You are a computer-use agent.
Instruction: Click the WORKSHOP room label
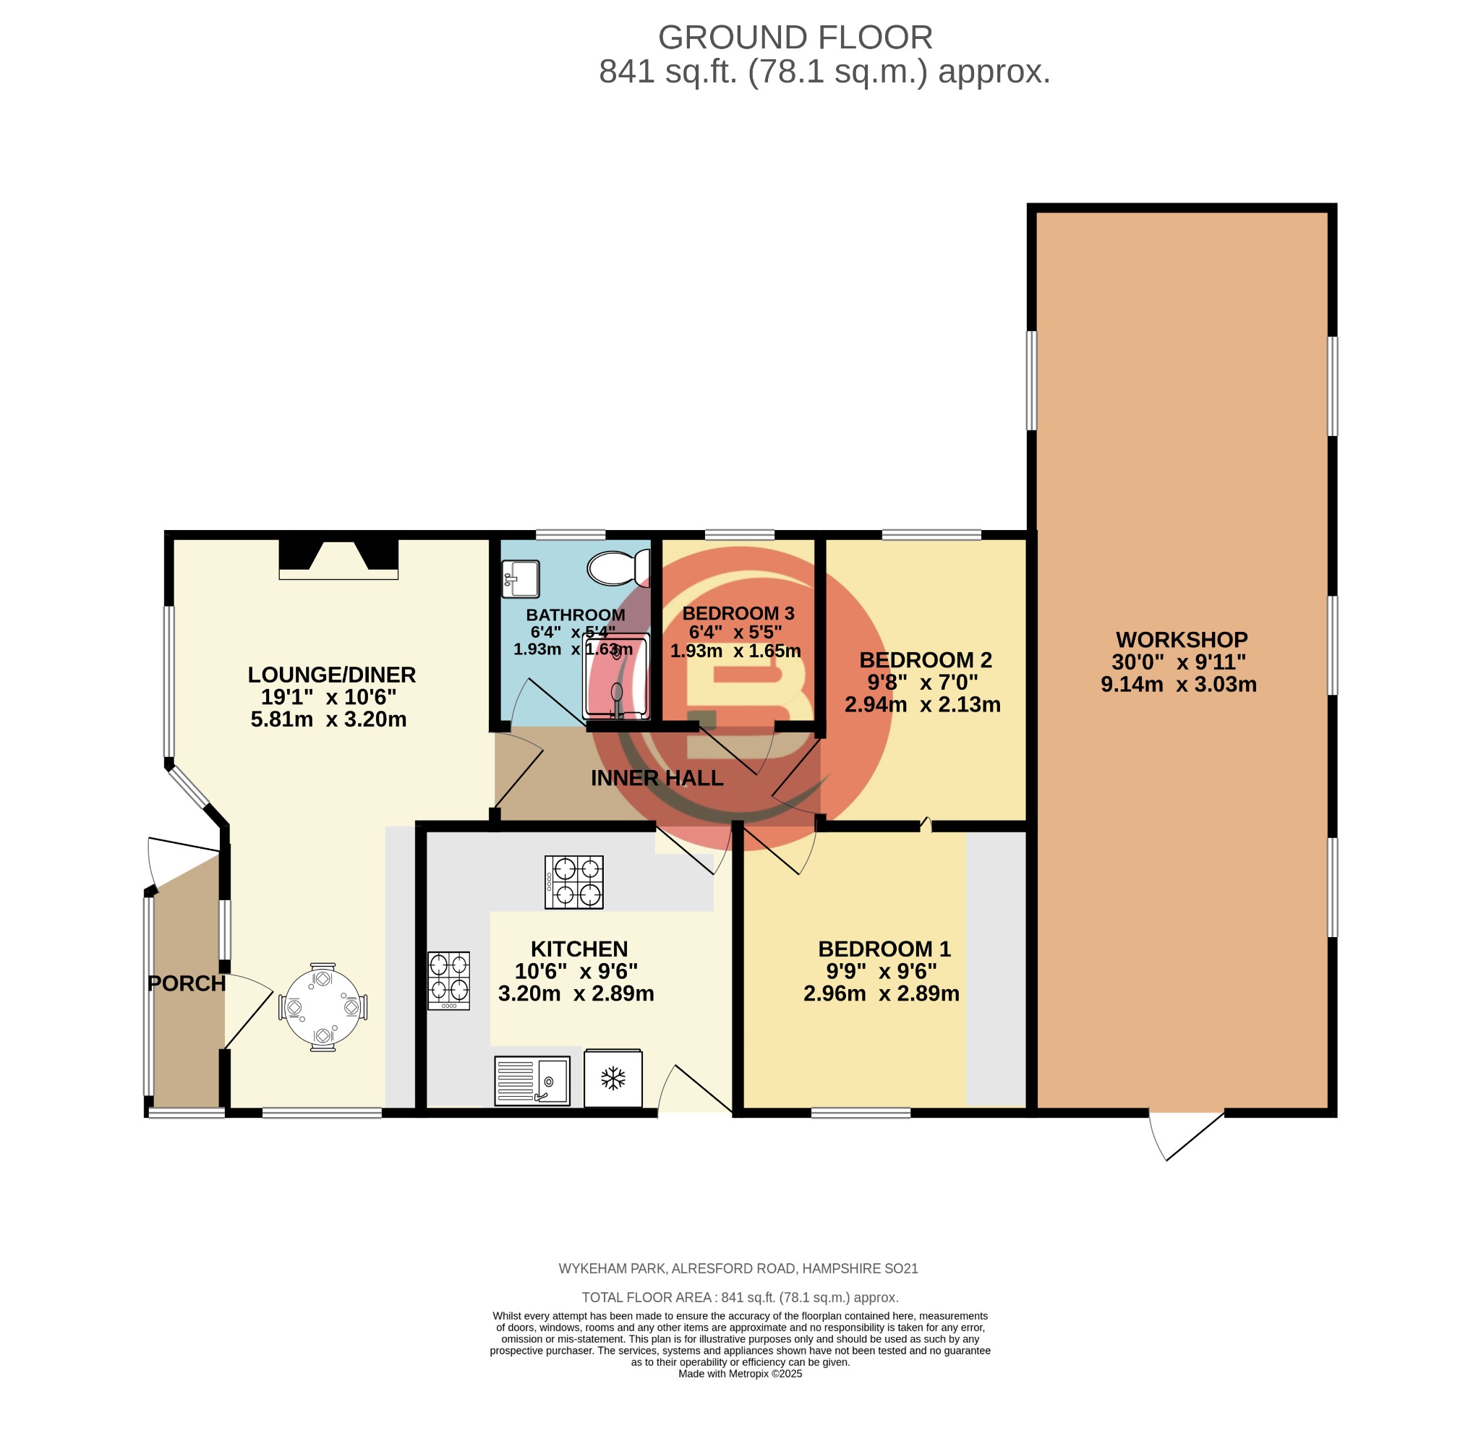[x=1181, y=639]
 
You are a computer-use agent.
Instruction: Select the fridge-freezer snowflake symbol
[x=613, y=1077]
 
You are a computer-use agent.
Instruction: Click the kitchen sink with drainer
[x=532, y=1081]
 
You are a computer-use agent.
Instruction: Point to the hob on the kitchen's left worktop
[x=448, y=980]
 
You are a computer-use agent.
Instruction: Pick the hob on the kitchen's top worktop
[x=574, y=882]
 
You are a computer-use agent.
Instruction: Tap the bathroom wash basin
[x=521, y=579]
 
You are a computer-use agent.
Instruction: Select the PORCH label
[x=187, y=983]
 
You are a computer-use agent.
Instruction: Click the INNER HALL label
[x=657, y=778]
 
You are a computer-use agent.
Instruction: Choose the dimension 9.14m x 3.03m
[x=1178, y=684]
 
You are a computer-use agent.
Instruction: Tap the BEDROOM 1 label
[x=884, y=949]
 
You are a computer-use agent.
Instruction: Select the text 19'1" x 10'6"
[x=329, y=697]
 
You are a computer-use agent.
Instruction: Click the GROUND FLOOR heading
[x=795, y=38]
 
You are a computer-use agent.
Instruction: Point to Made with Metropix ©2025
[x=740, y=1374]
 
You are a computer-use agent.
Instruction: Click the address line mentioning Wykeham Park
[x=738, y=1269]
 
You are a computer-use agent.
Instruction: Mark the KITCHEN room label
[x=579, y=949]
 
